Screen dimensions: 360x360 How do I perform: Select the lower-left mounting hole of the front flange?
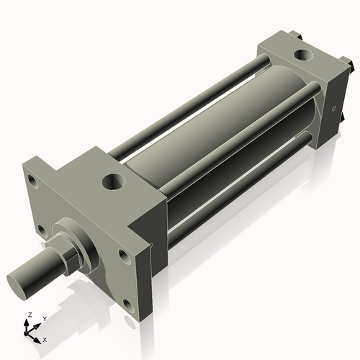pos(41,230)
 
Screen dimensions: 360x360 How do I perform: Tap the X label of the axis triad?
pos(45,338)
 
